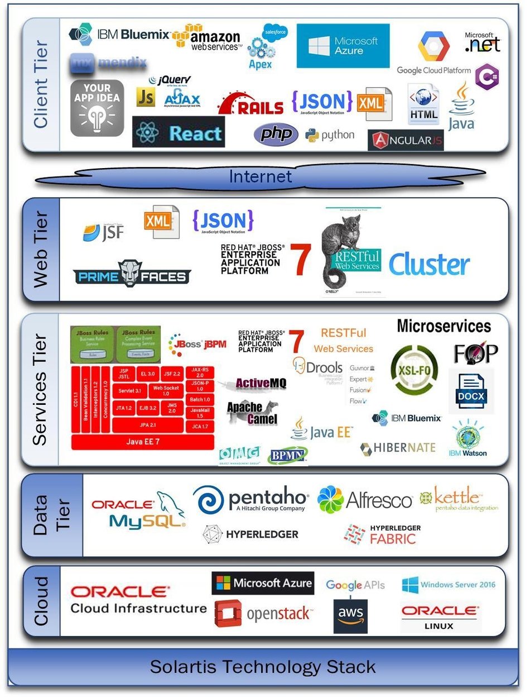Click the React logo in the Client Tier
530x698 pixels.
[x=179, y=133]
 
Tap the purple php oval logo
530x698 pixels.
[x=276, y=135]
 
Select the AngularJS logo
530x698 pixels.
[x=406, y=140]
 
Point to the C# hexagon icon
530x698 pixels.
[x=487, y=77]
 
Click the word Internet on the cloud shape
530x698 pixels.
[x=260, y=177]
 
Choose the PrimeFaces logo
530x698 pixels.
[x=132, y=274]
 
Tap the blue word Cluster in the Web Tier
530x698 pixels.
[x=428, y=265]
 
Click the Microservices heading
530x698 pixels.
[x=444, y=326]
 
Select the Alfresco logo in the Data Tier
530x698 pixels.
[x=364, y=500]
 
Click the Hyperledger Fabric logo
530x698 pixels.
[x=382, y=534]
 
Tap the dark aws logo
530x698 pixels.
[x=350, y=616]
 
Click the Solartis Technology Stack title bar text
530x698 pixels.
[x=262, y=667]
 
